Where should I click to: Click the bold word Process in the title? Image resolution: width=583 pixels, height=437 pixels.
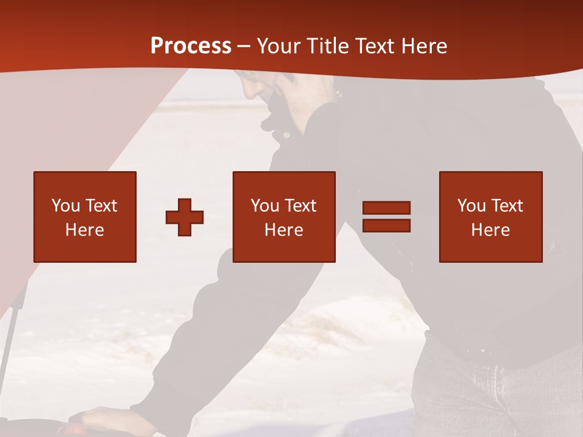[x=191, y=46]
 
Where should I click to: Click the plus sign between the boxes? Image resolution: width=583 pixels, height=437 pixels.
[x=185, y=217]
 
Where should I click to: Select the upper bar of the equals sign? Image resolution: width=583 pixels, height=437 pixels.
[x=386, y=208]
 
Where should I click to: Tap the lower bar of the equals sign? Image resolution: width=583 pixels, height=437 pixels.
[x=386, y=225]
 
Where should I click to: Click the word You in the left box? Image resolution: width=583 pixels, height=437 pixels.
[x=66, y=206]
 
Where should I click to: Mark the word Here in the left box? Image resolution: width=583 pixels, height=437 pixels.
[x=84, y=230]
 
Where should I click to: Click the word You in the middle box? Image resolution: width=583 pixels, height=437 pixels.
[x=265, y=206]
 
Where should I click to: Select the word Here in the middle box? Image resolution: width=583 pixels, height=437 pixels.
[x=284, y=230]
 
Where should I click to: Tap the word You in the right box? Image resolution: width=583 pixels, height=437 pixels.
[x=471, y=206]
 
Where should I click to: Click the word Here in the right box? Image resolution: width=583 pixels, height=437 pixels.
[x=490, y=230]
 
